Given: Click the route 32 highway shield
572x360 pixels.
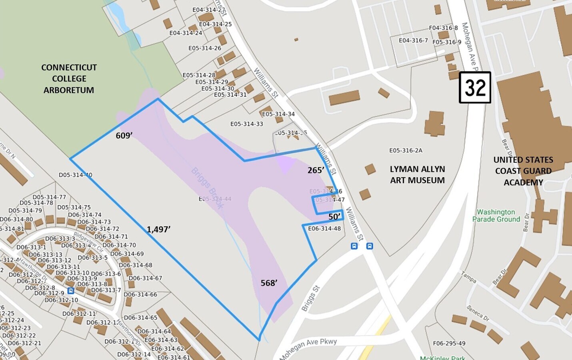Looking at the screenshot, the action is pos(475,88).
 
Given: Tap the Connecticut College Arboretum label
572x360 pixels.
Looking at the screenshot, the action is pos(69,79).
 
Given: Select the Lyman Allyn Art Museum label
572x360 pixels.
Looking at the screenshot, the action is pos(417,175).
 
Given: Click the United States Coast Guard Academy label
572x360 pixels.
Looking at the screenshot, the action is pos(523,171).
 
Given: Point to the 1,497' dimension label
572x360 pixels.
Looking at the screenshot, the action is pos(158,229).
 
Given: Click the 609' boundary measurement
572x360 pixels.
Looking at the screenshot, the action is pos(124,136).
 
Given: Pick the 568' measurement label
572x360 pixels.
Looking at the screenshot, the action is pos(269,283).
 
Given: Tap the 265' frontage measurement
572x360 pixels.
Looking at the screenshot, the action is pos(316,170).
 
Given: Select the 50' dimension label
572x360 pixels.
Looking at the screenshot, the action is pos(334,217).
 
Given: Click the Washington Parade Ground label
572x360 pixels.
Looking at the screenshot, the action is pos(496,216).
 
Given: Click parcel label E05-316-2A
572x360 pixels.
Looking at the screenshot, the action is pos(406,150).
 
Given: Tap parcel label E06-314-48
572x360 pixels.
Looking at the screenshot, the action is pos(324,229).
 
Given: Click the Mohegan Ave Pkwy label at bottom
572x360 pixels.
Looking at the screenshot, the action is pos(308,348).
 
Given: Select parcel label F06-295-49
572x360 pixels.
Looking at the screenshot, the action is pos(449,343).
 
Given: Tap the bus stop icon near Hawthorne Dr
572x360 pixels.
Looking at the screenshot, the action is pos(71,291).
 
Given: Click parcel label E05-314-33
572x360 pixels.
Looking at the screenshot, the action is pos(246,124).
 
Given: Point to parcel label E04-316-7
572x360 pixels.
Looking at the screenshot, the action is pos(413,40).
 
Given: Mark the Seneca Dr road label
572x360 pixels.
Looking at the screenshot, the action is pos(478,313).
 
